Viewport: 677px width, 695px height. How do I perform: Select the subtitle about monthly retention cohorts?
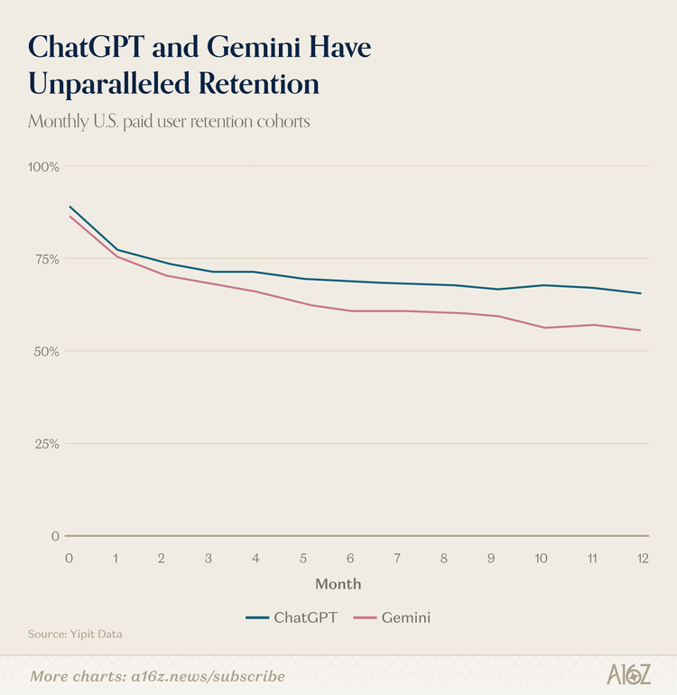pyautogui.click(x=169, y=121)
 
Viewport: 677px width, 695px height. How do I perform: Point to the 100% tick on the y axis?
pyautogui.click(x=43, y=167)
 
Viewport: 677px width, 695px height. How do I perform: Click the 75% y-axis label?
pyautogui.click(x=45, y=259)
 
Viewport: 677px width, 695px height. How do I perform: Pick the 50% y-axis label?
pyautogui.click(x=45, y=351)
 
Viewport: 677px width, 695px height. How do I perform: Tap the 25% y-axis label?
pyautogui.click(x=45, y=443)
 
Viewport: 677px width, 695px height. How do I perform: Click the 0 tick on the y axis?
pyautogui.click(x=55, y=535)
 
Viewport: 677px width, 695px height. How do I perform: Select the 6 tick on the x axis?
pyautogui.click(x=349, y=558)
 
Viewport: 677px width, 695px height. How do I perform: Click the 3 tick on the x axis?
pyautogui.click(x=209, y=558)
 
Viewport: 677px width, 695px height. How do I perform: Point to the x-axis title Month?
pyautogui.click(x=338, y=584)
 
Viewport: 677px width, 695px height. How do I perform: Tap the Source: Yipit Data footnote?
pyautogui.click(x=75, y=635)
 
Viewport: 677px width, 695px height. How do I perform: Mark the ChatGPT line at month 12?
pyautogui.click(x=640, y=293)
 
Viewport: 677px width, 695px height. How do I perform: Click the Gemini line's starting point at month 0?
pyautogui.click(x=70, y=216)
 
